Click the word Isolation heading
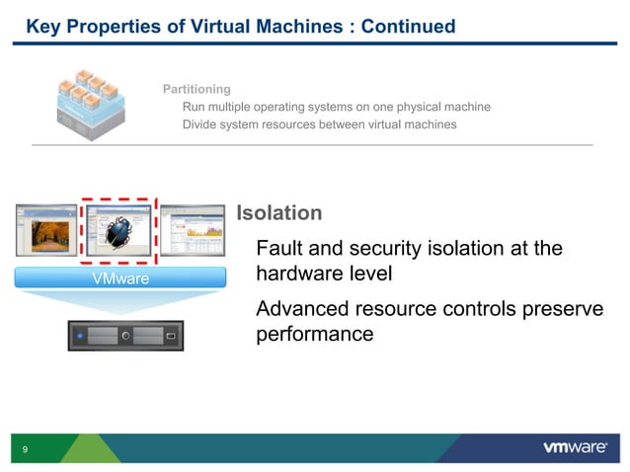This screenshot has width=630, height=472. point(279,213)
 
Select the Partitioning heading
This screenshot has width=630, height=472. point(197,90)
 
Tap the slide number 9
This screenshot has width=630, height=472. point(25,449)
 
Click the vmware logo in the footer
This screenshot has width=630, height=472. point(575,448)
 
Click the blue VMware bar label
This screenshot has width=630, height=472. point(119,279)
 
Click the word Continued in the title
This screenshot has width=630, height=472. point(408,27)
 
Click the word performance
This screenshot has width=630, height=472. point(315,335)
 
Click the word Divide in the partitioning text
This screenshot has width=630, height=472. point(202,124)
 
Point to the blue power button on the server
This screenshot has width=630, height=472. point(80,337)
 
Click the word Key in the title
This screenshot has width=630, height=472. point(43,27)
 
